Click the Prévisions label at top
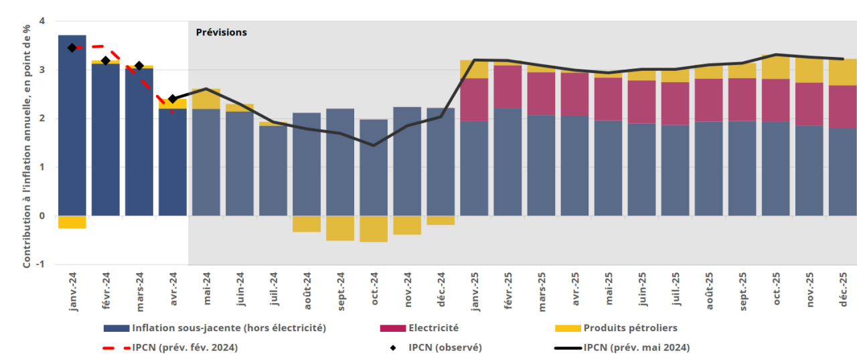(x=221, y=32)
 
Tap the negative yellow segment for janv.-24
(x=72, y=222)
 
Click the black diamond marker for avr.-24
(x=173, y=99)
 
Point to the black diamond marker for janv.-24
(x=72, y=48)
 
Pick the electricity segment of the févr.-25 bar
(x=508, y=86)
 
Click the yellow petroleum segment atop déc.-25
(x=842, y=72)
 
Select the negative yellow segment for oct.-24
(x=374, y=229)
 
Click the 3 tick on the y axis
(x=42, y=70)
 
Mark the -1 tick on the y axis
(x=40, y=264)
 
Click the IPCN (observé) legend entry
(x=445, y=347)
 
